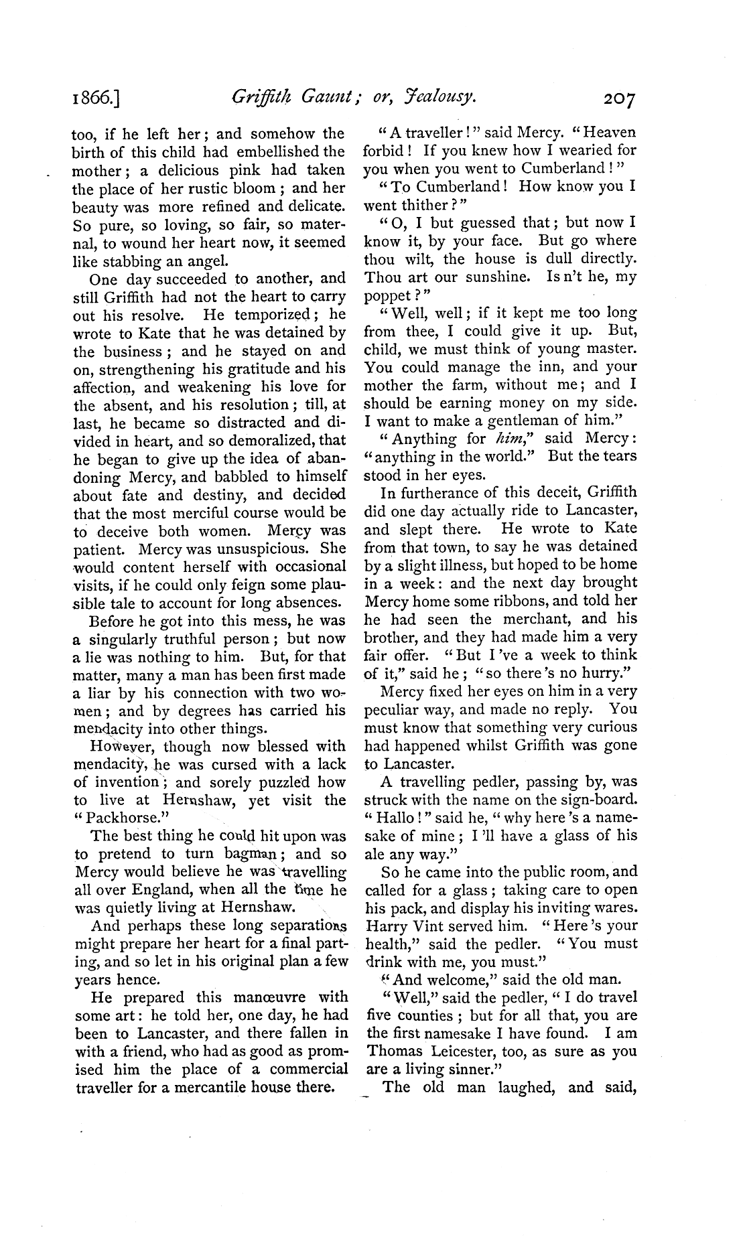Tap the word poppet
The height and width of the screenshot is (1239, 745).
[393, 295]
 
